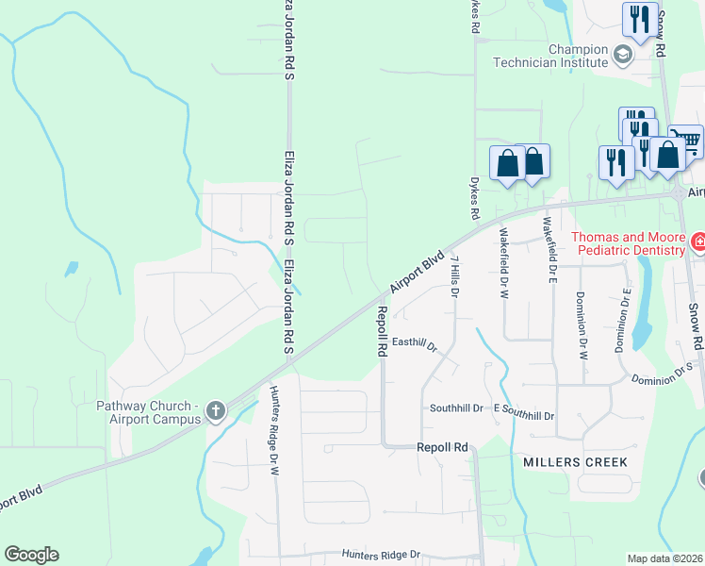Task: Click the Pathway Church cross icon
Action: point(216,410)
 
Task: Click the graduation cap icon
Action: point(622,56)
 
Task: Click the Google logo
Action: point(31,555)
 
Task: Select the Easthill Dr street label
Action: point(416,344)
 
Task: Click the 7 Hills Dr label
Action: point(454,276)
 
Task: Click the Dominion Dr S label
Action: point(663,376)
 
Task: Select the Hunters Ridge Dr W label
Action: point(276,420)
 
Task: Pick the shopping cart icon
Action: point(687,142)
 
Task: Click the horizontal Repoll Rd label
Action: point(442,447)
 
